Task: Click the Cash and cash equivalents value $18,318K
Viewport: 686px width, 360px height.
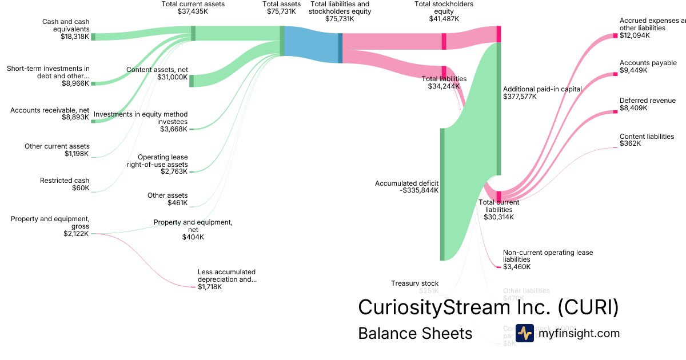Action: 75,37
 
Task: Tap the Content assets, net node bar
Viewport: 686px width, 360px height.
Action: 192,81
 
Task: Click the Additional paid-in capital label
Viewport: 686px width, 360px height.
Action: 542,89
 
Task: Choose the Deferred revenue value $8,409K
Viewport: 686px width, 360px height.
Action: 633,108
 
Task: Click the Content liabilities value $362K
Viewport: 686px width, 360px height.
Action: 630,143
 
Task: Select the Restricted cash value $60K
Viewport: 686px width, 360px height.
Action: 81,188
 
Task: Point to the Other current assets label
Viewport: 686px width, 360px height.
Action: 57,146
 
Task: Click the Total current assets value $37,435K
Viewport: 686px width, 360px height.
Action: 193,11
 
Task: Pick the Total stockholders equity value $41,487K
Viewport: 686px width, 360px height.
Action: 444,18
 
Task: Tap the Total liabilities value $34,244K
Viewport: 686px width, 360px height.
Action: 444,86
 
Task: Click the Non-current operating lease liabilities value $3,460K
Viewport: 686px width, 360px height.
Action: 517,267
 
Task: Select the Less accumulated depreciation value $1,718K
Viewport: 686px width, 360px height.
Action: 210,287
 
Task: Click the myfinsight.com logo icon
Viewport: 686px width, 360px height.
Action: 524,333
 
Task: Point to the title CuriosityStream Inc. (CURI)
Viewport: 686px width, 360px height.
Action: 488,307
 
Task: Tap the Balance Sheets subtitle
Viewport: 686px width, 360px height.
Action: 415,333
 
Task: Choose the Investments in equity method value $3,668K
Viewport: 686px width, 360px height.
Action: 174,129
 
